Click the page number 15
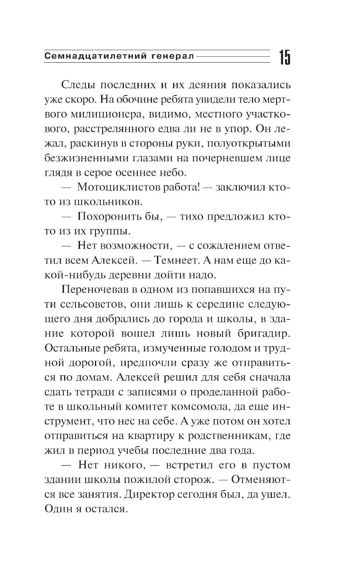284,57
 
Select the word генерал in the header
172,56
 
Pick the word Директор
149,494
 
